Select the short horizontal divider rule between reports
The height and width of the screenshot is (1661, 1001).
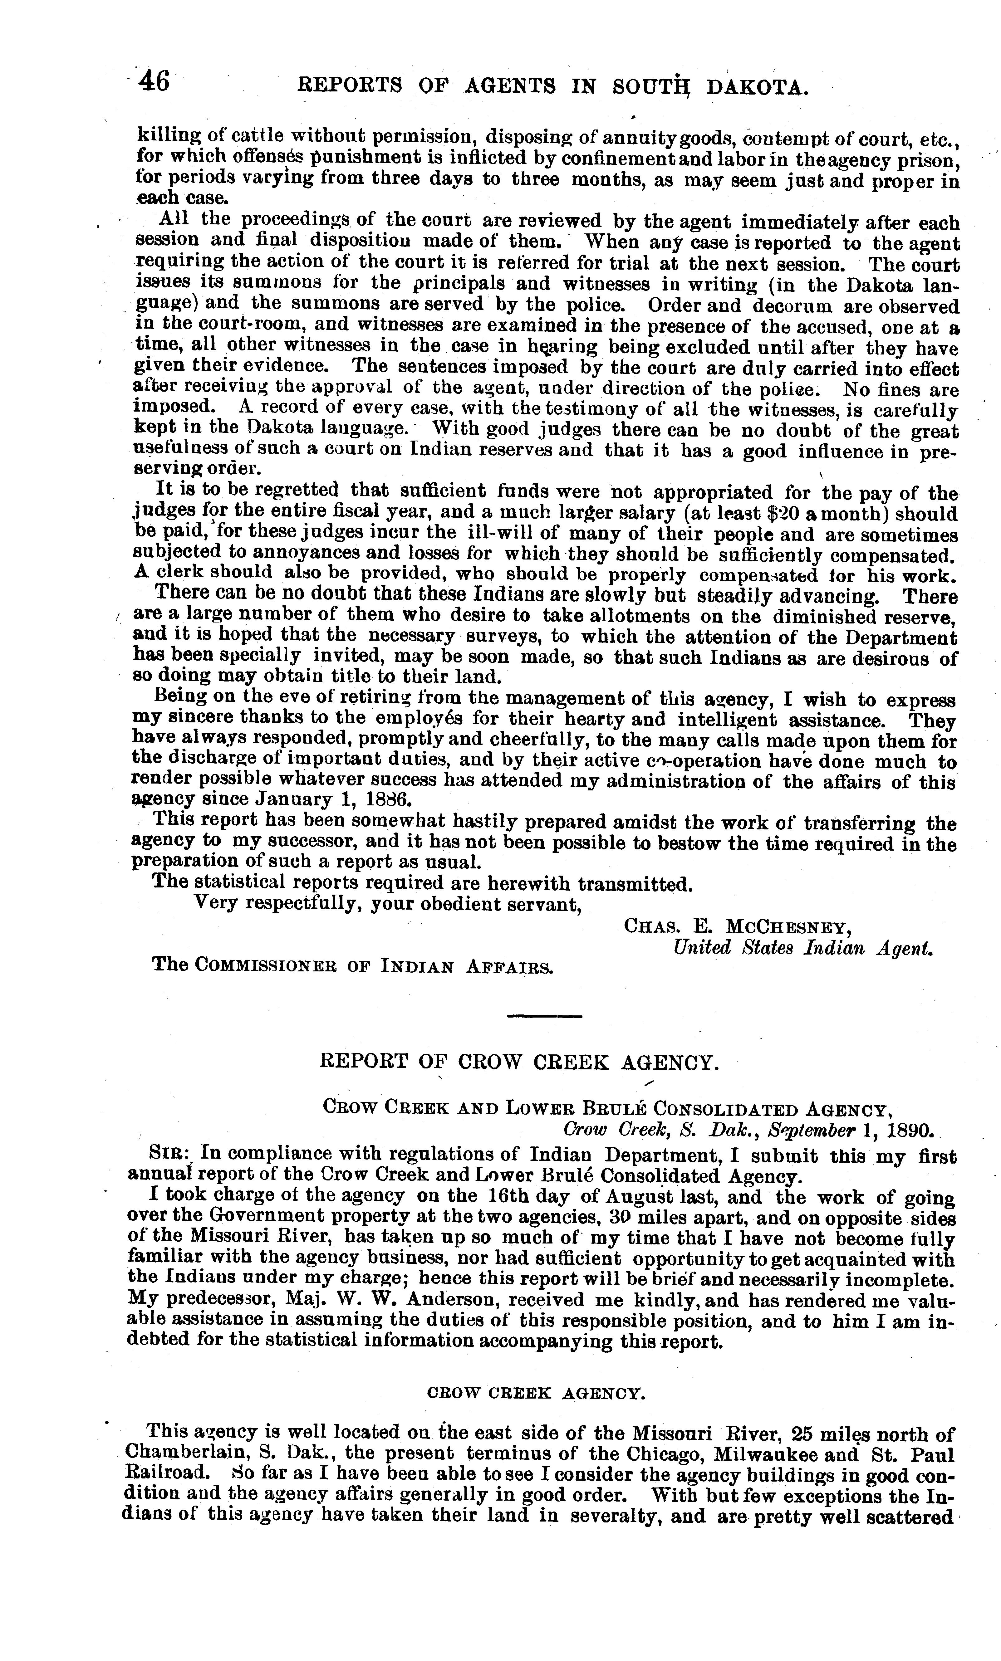543,1015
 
